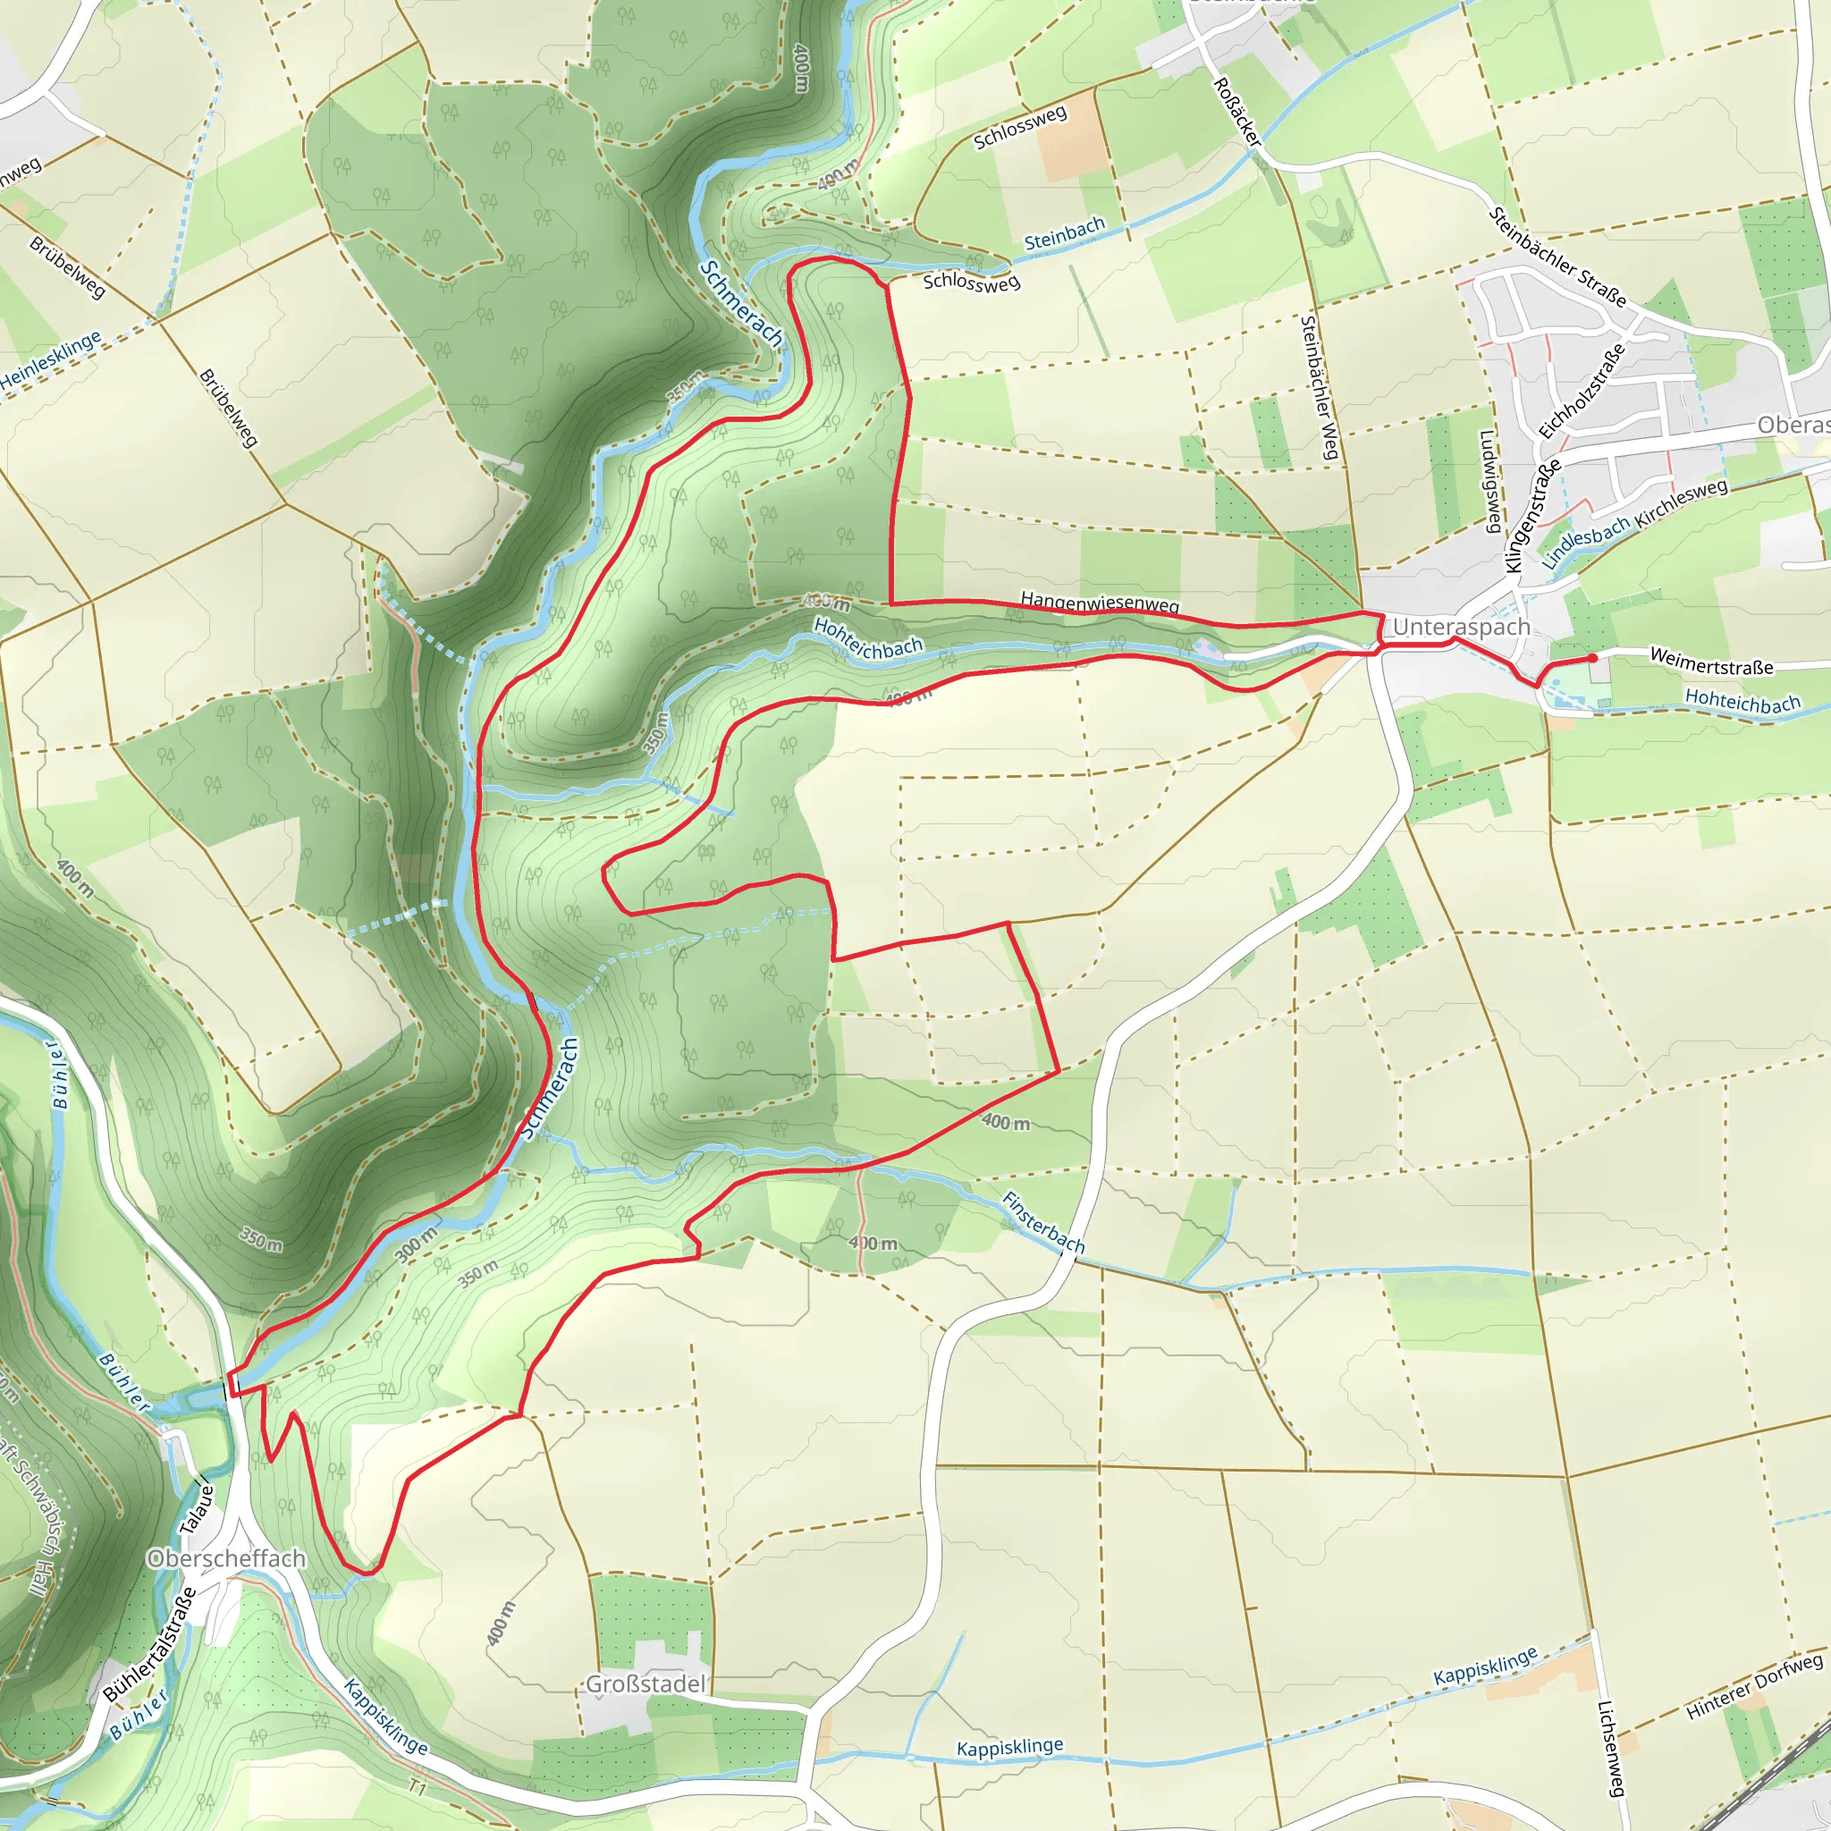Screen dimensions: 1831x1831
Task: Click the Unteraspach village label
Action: (x=1461, y=627)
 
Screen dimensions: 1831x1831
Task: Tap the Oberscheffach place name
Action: (x=226, y=1558)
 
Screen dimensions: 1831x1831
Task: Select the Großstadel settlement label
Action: (x=645, y=1684)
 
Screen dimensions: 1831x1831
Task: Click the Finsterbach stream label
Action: (x=1043, y=1221)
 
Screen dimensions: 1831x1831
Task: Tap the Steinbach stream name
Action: (x=1064, y=233)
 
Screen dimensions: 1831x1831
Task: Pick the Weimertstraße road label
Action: (x=1711, y=661)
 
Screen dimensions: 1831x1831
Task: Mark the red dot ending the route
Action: (x=1593, y=658)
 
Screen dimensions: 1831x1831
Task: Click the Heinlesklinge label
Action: (x=50, y=360)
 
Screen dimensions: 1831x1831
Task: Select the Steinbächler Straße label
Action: (x=1557, y=257)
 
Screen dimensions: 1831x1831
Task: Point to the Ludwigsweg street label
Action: (x=1489, y=482)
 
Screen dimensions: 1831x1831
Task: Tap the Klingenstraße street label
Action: (x=1532, y=517)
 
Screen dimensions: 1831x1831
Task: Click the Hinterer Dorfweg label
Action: (x=1753, y=1686)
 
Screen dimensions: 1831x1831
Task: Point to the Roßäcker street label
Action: (x=1237, y=112)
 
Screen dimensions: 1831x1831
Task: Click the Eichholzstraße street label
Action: (x=1581, y=391)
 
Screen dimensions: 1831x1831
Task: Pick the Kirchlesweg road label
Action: (x=1682, y=503)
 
